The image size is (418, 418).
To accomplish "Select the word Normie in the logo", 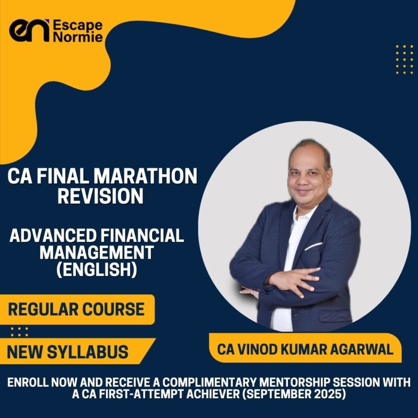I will click(x=78, y=38).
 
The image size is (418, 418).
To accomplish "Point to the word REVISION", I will click(x=100, y=196).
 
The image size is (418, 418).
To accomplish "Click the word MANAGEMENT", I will click(x=97, y=253).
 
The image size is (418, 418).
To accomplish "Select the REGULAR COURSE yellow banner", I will click(x=76, y=309).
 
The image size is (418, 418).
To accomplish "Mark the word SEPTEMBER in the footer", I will click(x=283, y=394).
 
